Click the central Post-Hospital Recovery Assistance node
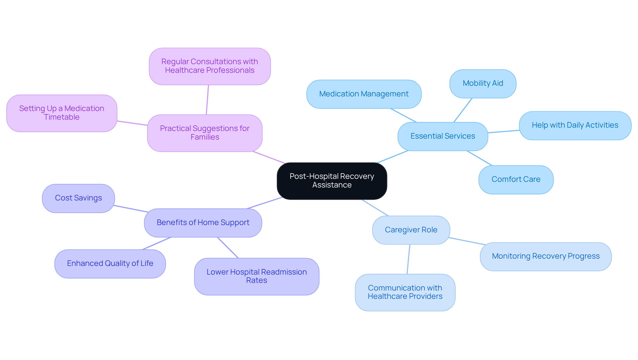point(332,181)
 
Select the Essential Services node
point(443,136)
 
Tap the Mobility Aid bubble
point(482,83)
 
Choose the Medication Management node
point(364,94)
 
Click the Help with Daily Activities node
point(575,125)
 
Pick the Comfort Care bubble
point(516,180)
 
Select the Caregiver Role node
point(411,230)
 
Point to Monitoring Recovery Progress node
point(545,256)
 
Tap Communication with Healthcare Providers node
point(405,292)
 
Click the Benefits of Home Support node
point(203,223)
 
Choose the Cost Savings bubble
point(78,198)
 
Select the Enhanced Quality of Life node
point(110,264)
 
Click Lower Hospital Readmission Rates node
point(256,276)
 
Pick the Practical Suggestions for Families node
point(204,133)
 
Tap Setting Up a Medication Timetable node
point(61,113)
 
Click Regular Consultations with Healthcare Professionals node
point(209,66)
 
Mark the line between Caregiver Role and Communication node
point(408,259)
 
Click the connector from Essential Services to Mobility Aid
point(463,110)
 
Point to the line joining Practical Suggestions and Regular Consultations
point(207,100)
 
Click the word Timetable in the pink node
point(61,117)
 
